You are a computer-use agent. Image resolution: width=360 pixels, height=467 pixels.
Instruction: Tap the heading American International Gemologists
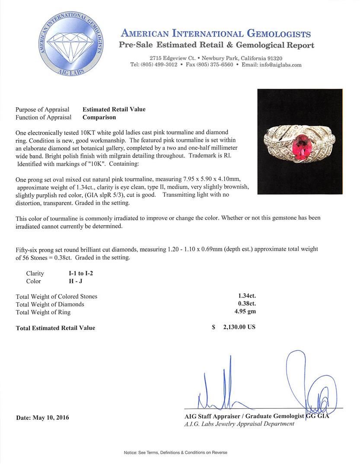(x=216, y=34)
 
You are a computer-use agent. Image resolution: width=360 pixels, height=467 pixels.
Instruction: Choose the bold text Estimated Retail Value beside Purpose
(x=114, y=109)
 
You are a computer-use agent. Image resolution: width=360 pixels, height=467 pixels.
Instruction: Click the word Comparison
(x=99, y=117)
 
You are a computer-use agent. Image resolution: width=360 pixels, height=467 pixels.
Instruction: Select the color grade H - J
(x=73, y=281)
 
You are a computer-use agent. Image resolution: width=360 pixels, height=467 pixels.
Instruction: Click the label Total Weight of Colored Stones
(x=57, y=297)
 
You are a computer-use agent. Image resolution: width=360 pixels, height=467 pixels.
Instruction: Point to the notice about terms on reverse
(x=175, y=452)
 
